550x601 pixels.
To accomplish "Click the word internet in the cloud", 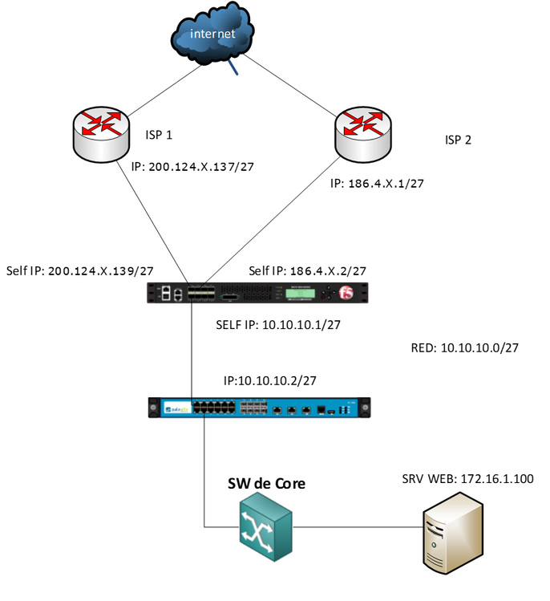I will (x=212, y=34).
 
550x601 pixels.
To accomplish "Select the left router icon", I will (x=101, y=135).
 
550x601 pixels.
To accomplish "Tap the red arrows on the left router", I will (x=102, y=123).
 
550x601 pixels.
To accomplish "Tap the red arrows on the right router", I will (x=363, y=122).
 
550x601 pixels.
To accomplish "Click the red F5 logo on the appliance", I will (x=346, y=293).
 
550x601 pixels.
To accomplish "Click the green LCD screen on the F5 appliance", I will (x=298, y=294).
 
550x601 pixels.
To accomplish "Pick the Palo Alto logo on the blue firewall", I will (x=176, y=408).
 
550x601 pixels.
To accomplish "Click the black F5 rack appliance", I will (x=257, y=293).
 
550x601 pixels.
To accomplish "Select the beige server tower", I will (x=452, y=533).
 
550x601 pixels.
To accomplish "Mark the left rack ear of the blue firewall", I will (x=153, y=408).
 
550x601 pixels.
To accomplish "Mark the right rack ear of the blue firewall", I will (x=365, y=408).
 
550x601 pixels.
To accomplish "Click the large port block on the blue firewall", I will (x=214, y=408).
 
